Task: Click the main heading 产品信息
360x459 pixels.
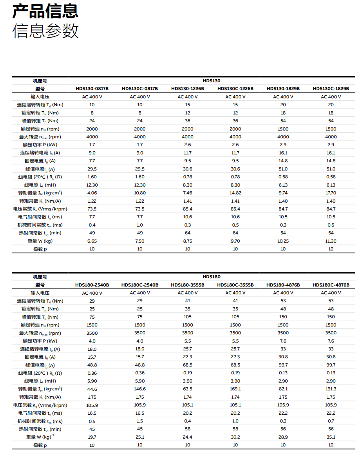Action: point(45,11)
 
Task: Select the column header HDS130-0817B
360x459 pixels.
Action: point(92,89)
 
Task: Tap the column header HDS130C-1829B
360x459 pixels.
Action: point(331,89)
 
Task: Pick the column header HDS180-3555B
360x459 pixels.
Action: point(188,285)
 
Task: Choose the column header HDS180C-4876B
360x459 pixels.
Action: point(331,285)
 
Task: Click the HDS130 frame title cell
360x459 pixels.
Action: point(212,81)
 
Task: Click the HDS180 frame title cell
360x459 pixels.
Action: point(212,277)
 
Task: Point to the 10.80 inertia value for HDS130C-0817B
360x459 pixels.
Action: point(140,193)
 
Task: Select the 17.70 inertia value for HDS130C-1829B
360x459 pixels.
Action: point(331,193)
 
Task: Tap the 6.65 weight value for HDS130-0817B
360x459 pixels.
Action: point(92,241)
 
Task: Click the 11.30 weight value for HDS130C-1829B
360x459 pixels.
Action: point(331,241)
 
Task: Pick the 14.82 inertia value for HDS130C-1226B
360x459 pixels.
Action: point(235,193)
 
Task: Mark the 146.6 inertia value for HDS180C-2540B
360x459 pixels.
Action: point(140,389)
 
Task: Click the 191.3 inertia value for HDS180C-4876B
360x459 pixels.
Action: point(331,389)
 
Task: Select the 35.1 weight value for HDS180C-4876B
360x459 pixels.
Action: point(331,437)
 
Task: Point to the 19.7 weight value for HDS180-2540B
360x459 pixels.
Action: point(92,437)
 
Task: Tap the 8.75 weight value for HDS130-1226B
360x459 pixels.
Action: point(188,241)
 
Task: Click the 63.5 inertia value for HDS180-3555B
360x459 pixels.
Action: point(188,389)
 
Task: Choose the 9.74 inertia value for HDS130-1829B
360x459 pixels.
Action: point(283,193)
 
